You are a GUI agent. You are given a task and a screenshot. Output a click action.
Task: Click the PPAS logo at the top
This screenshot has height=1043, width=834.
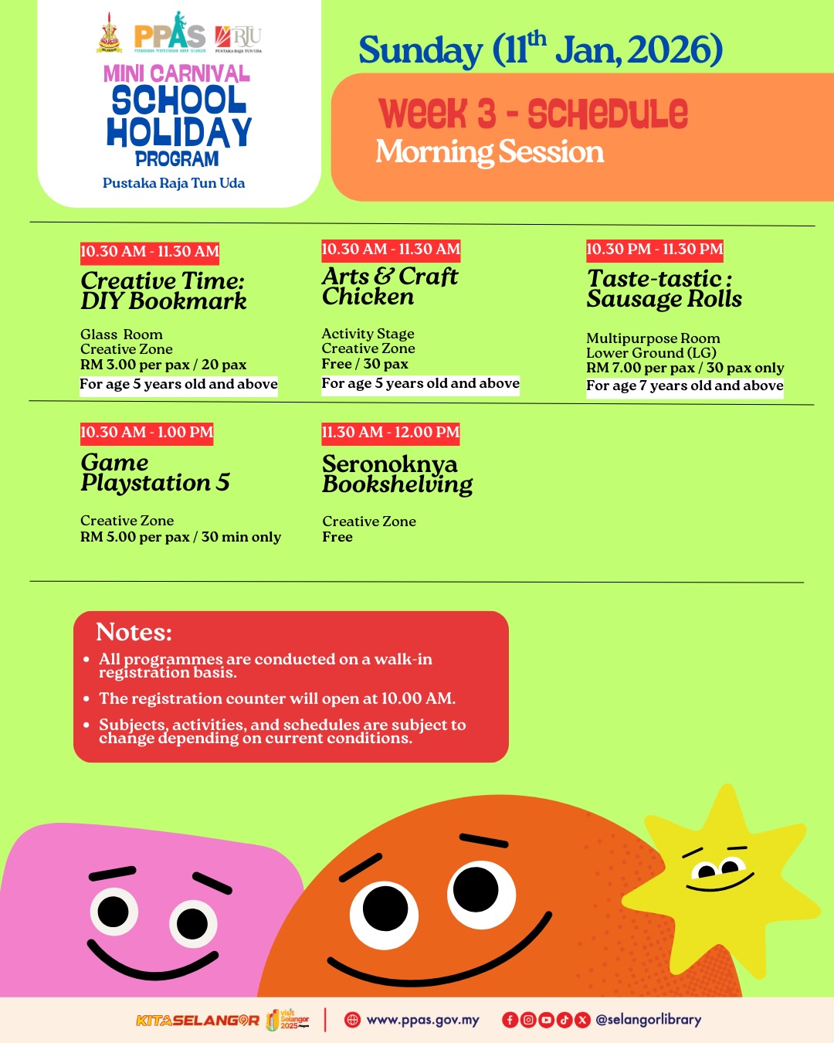click(x=170, y=34)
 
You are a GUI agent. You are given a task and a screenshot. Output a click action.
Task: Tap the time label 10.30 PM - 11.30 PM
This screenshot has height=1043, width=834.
click(x=654, y=250)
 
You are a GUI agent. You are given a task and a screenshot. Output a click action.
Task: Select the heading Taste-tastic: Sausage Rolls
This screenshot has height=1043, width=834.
click(x=664, y=289)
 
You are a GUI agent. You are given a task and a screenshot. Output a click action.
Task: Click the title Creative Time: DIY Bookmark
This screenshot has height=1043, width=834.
click(x=164, y=290)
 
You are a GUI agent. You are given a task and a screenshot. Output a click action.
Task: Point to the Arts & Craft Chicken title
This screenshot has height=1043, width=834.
click(x=390, y=286)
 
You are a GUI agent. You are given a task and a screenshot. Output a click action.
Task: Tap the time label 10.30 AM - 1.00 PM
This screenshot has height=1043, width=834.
click(x=147, y=433)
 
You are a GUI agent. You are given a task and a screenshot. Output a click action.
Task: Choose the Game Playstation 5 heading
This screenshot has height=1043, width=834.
click(x=155, y=472)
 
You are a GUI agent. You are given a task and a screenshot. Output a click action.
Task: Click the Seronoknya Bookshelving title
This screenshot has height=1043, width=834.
click(x=397, y=474)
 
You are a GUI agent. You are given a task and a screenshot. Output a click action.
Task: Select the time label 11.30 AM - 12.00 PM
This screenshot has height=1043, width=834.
click(x=390, y=433)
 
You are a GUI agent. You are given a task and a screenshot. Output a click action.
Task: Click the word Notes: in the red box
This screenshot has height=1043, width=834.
click(x=134, y=632)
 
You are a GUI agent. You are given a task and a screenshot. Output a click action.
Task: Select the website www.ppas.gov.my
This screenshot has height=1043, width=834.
click(x=422, y=1020)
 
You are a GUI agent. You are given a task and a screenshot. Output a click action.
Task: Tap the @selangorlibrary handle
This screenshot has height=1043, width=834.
click(x=648, y=1020)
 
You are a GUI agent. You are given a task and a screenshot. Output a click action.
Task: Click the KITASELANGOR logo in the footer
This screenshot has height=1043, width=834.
click(x=198, y=1021)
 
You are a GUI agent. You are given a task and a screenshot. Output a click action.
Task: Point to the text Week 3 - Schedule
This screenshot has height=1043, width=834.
click(x=533, y=114)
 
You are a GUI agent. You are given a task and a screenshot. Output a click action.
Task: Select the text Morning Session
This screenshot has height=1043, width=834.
click(x=490, y=152)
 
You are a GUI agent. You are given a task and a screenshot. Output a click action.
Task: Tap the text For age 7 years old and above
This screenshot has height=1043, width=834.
click(x=684, y=386)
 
